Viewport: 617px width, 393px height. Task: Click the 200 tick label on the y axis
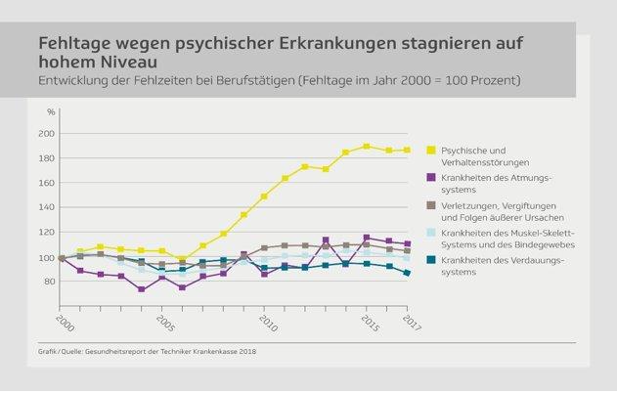45,133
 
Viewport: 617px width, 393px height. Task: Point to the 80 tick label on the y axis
47,283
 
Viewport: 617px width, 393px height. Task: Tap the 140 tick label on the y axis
45,208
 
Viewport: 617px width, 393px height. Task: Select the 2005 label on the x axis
164,323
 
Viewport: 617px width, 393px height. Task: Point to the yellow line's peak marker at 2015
367,147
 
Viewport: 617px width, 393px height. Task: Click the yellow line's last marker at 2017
407,150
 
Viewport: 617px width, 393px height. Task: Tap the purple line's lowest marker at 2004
143,289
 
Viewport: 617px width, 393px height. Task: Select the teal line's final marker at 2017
407,273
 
